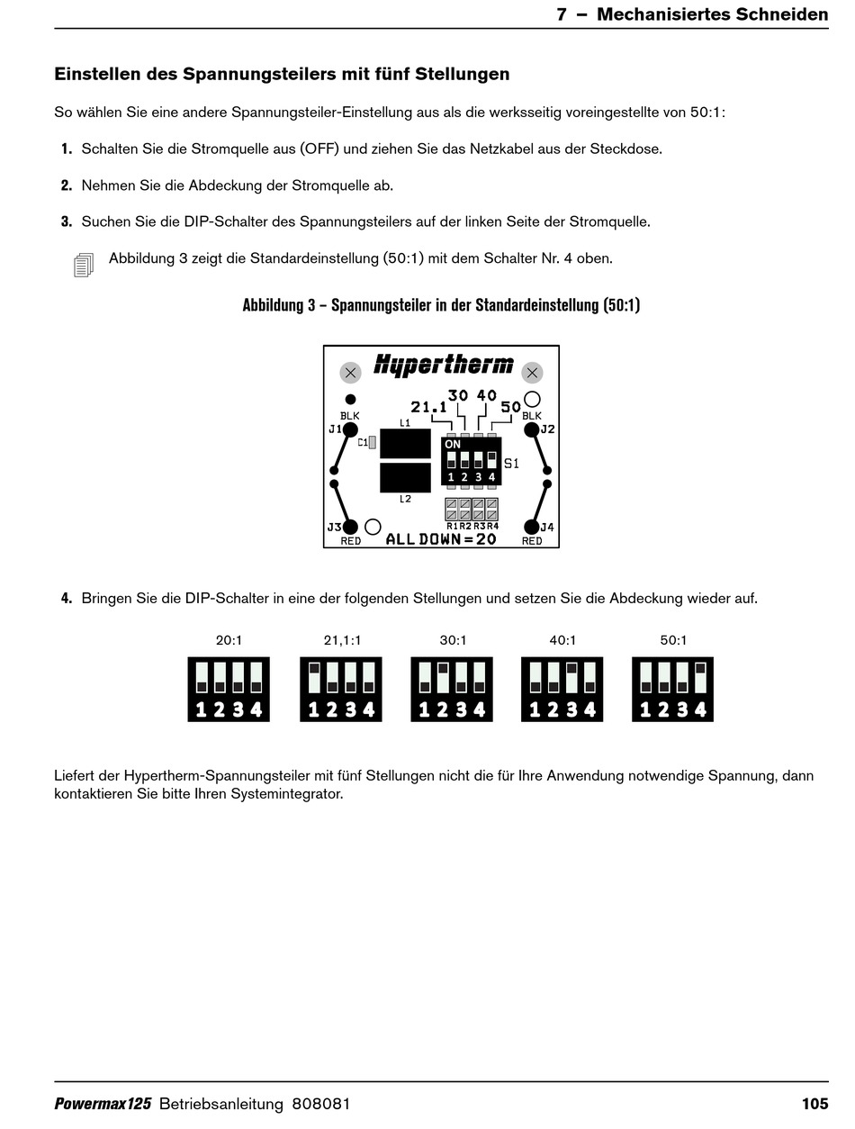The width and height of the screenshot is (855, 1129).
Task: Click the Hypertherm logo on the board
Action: tap(443, 365)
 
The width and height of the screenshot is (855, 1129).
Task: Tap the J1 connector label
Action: tap(335, 429)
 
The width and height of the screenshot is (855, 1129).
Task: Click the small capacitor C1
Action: tap(371, 442)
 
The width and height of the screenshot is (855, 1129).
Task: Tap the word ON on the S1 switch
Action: tap(453, 444)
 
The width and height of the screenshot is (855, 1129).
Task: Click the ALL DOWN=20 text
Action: tap(441, 539)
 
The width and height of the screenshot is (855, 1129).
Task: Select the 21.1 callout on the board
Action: tap(428, 407)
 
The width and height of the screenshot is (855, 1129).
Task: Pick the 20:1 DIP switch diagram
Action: tap(229, 689)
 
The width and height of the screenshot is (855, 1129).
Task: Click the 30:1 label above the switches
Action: tap(453, 641)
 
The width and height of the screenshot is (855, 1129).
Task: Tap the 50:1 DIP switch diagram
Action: tap(673, 689)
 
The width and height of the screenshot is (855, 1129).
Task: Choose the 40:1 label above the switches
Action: tap(562, 641)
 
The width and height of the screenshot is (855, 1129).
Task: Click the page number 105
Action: tap(814, 1104)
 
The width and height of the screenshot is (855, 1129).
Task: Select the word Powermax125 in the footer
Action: tap(103, 1104)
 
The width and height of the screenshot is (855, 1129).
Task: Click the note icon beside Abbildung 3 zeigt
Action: tap(84, 265)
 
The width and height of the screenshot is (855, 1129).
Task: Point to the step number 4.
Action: tap(67, 599)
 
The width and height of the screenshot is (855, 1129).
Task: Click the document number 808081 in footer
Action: tap(321, 1104)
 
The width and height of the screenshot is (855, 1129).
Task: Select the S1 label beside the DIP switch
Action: tap(511, 464)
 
